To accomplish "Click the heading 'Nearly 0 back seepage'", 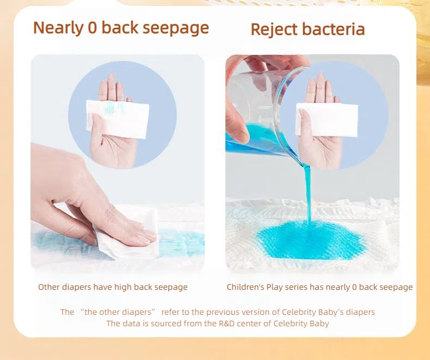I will tap(121, 27).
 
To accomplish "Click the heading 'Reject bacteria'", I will tap(308, 29).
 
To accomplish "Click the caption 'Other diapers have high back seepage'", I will tap(113, 287).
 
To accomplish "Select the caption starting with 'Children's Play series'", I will tap(320, 287).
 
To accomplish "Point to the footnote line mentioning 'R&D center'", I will tap(218, 324).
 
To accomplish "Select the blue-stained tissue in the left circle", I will tap(117, 116).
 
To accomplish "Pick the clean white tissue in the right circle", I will tap(327, 119).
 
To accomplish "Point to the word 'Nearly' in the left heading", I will tap(58, 27).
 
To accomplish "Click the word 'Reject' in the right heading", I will tap(273, 29).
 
